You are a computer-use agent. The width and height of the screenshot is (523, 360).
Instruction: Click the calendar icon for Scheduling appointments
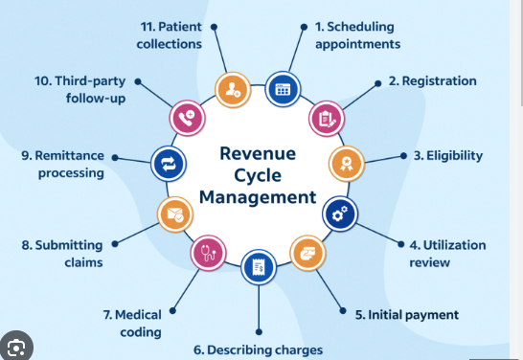pyautogui.click(x=282, y=89)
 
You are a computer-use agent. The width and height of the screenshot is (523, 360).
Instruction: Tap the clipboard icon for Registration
pyautogui.click(x=324, y=118)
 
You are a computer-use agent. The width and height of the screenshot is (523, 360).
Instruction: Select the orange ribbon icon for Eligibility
pyautogui.click(x=346, y=164)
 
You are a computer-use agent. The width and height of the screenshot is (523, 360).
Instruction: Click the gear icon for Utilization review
pyautogui.click(x=338, y=215)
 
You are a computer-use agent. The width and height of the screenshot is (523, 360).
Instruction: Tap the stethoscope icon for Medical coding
pyautogui.click(x=206, y=254)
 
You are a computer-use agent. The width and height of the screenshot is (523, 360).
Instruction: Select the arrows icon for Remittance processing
pyautogui.click(x=166, y=164)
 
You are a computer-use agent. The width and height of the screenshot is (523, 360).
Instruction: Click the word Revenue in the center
pyautogui.click(x=256, y=154)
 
